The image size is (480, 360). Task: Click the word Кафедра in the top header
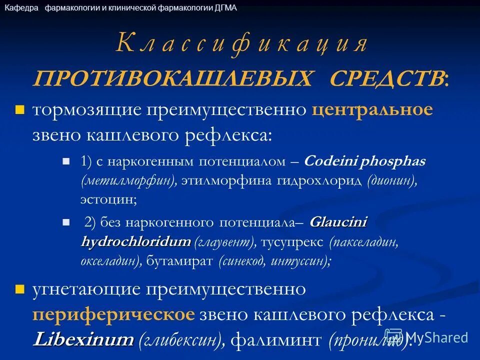[x=21, y=8]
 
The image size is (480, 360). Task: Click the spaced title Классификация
[x=241, y=44]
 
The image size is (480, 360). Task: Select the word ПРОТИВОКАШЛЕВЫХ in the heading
[x=174, y=78]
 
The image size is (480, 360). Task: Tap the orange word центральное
[x=372, y=109]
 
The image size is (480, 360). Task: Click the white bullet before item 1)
[x=65, y=161]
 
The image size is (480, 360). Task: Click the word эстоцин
[x=107, y=199]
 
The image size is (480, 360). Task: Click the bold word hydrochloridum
[x=135, y=242]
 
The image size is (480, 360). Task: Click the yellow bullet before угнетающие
[x=20, y=288]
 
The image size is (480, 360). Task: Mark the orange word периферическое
[x=113, y=315]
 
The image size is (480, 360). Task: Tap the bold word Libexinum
[x=83, y=340]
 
